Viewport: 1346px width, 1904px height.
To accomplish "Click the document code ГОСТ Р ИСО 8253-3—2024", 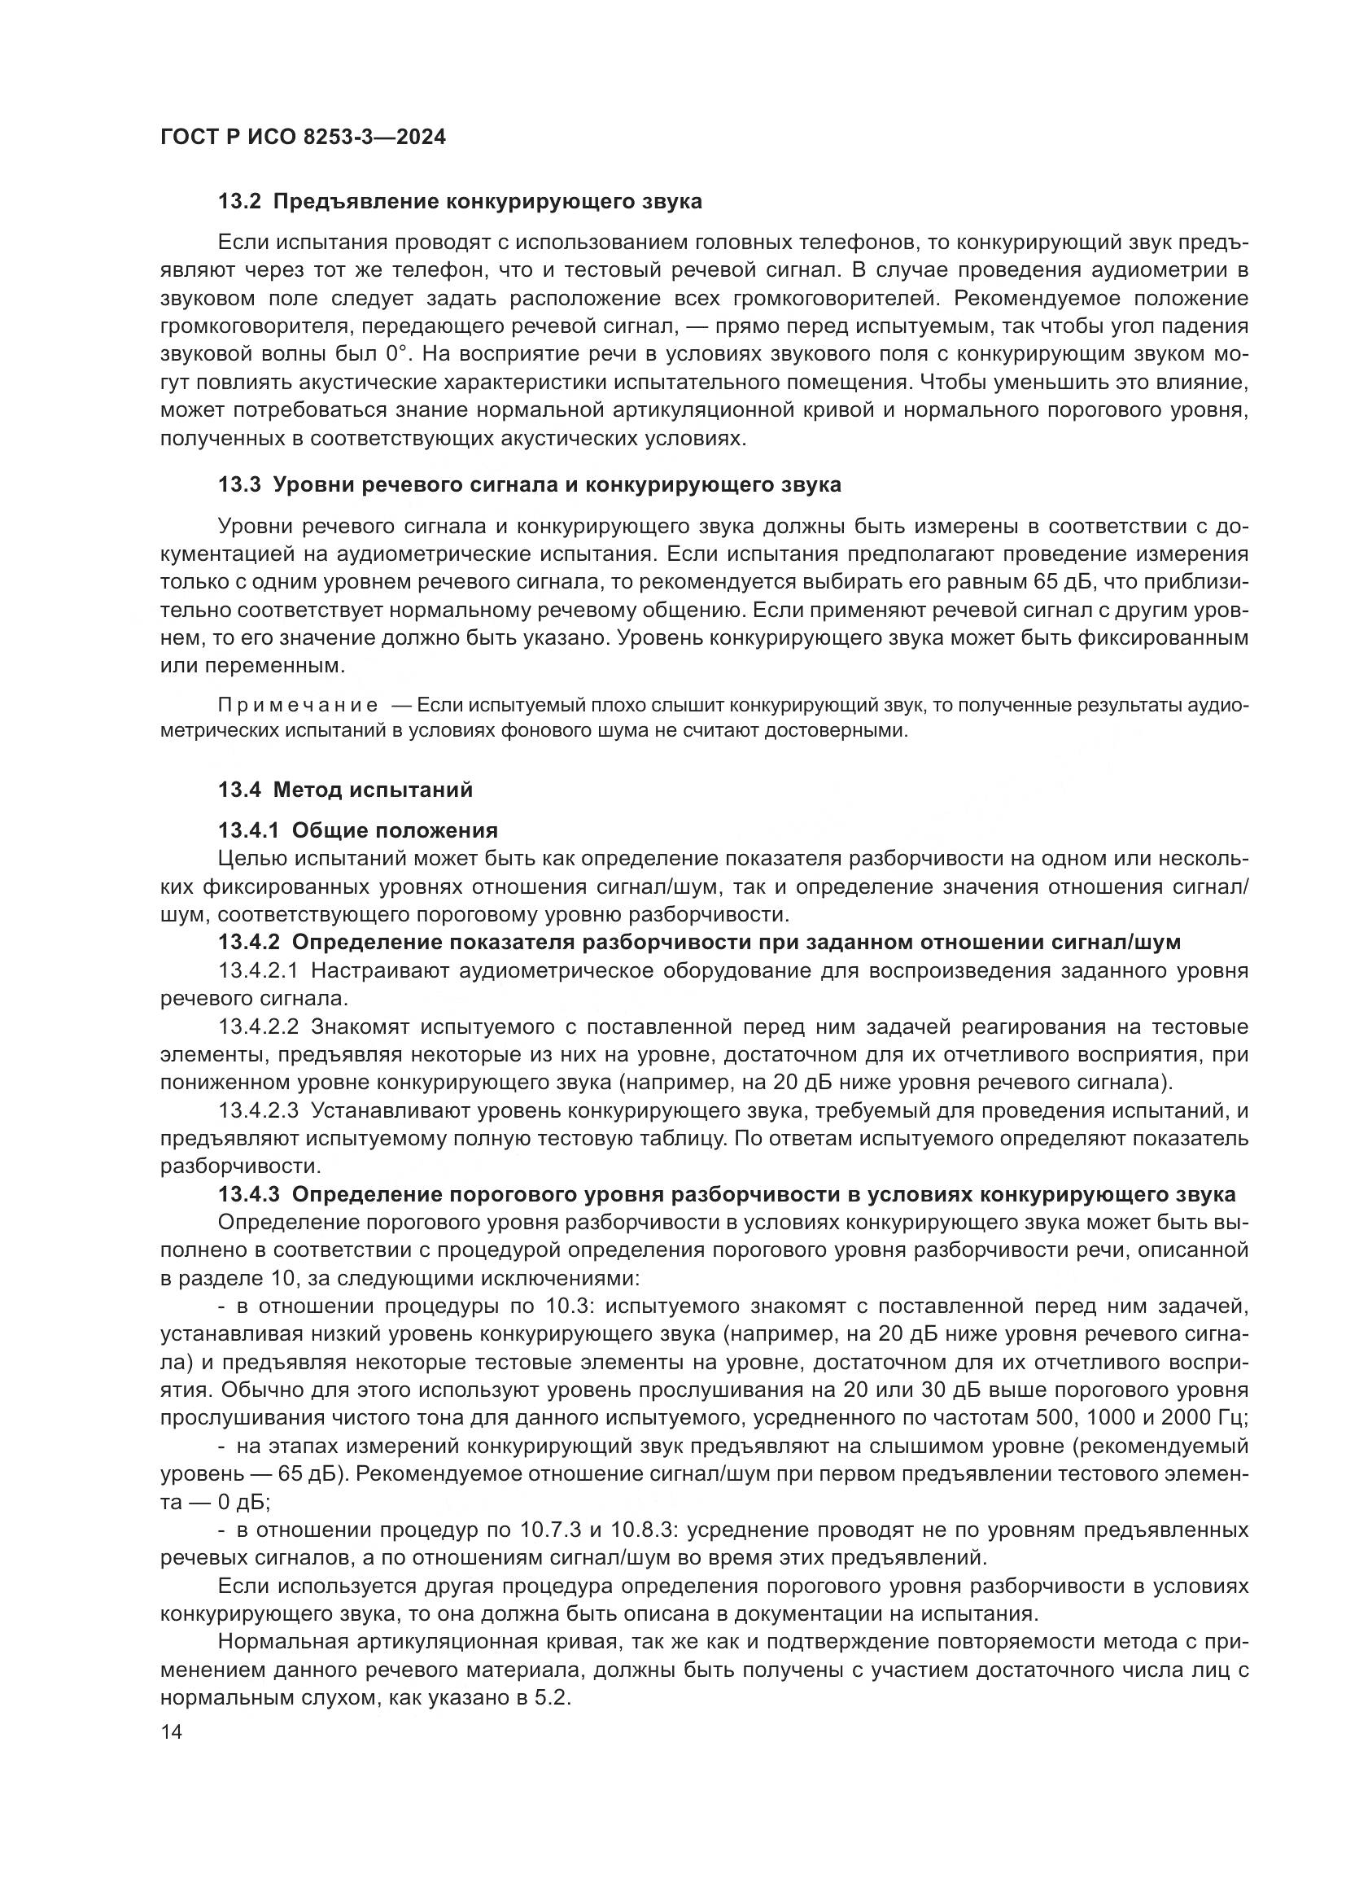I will [303, 137].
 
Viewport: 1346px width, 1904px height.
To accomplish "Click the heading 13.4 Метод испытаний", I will [346, 790].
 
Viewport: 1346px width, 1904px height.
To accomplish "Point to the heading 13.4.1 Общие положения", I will [358, 831].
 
